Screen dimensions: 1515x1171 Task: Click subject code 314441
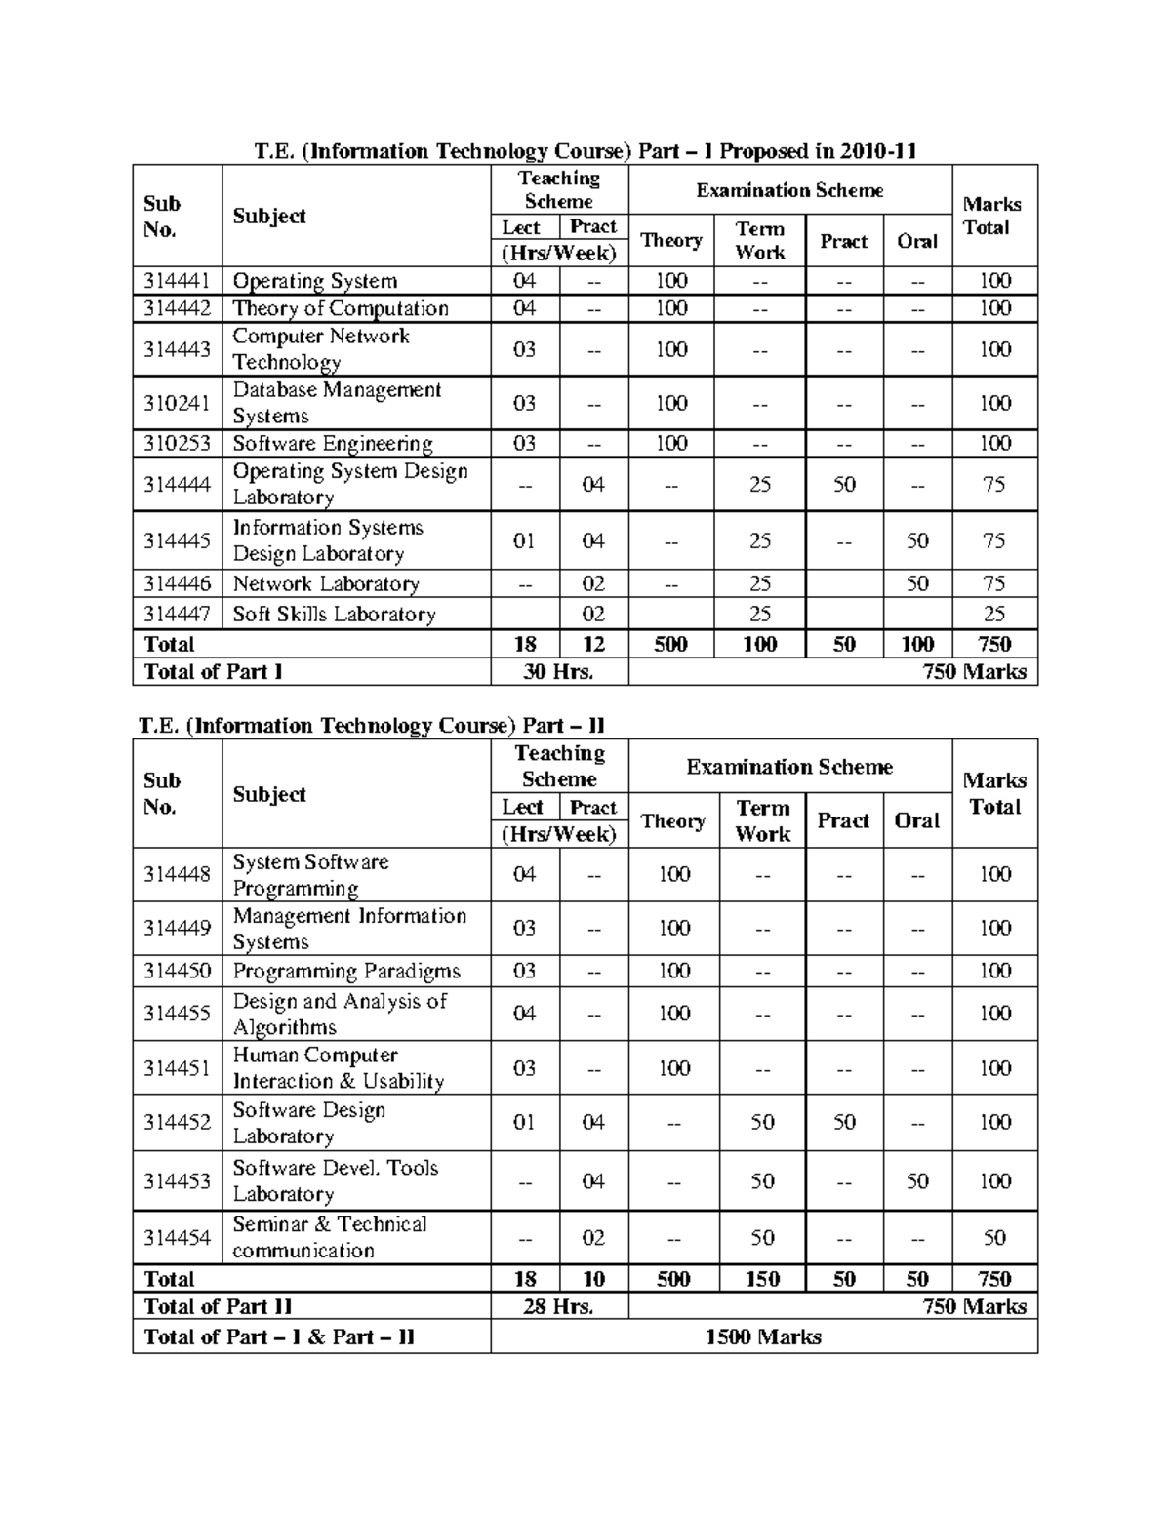[177, 281]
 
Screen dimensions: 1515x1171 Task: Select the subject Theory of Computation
[340, 308]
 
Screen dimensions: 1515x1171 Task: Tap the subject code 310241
[177, 403]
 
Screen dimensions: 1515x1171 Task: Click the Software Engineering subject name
[332, 443]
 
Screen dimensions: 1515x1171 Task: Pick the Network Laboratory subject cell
[325, 583]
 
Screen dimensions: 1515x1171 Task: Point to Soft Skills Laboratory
[333, 614]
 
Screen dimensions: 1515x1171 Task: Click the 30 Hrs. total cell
[558, 671]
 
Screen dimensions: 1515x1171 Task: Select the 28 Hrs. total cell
[558, 1306]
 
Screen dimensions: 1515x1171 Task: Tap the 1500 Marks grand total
[763, 1336]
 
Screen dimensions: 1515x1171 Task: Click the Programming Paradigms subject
[345, 971]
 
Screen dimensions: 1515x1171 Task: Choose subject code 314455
[177, 1014]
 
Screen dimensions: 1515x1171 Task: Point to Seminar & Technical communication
[329, 1237]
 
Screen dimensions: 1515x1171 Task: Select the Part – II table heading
[372, 726]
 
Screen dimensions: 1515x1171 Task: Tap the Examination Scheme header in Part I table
[789, 190]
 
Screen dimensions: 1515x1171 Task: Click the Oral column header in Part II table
[916, 820]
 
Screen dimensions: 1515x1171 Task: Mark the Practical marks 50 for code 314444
[844, 484]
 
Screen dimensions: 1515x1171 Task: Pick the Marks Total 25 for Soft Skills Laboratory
[993, 614]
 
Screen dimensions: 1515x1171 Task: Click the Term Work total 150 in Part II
[762, 1279]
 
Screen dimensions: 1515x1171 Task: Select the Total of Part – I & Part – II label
[279, 1336]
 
